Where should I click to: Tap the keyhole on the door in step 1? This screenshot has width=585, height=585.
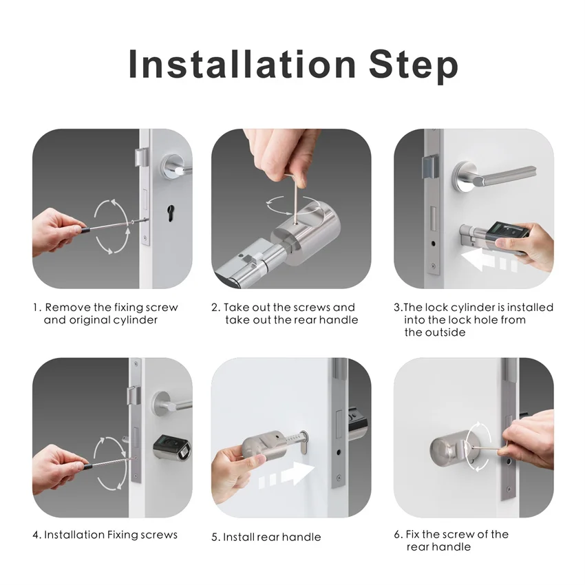click(169, 210)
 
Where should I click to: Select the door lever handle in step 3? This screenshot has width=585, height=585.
click(488, 178)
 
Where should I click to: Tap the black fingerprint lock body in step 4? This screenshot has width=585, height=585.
click(171, 448)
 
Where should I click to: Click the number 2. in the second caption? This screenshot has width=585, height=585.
click(215, 308)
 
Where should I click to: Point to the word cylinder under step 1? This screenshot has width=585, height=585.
click(134, 320)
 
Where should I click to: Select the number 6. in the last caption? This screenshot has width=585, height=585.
click(398, 535)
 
